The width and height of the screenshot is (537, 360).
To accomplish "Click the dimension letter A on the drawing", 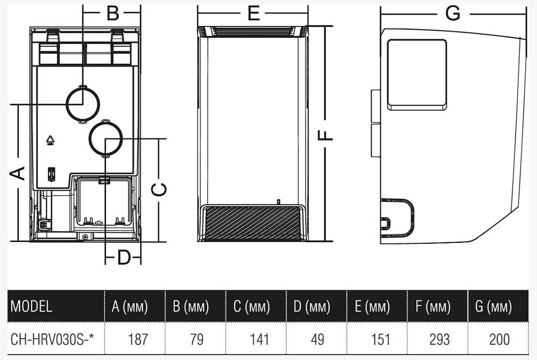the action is click(17, 174).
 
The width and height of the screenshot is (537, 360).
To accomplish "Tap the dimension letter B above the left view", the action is click(113, 13).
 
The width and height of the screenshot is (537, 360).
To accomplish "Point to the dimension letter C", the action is click(159, 190).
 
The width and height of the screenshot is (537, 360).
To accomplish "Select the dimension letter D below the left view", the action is click(124, 257).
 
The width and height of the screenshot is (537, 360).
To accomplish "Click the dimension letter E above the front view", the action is click(253, 13).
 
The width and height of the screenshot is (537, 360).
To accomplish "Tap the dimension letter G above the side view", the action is click(453, 13).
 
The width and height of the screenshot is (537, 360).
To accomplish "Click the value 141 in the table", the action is click(259, 340).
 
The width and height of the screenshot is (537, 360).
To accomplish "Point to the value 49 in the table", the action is click(317, 340).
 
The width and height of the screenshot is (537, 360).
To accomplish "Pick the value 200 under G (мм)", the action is click(499, 340).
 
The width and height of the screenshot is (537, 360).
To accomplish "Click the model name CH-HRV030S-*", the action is click(52, 340).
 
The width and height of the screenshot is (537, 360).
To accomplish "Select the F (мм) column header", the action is click(433, 306).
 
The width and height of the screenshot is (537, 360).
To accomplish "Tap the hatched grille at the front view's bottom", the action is click(252, 223).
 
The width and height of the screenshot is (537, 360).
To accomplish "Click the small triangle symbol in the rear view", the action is click(50, 140).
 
